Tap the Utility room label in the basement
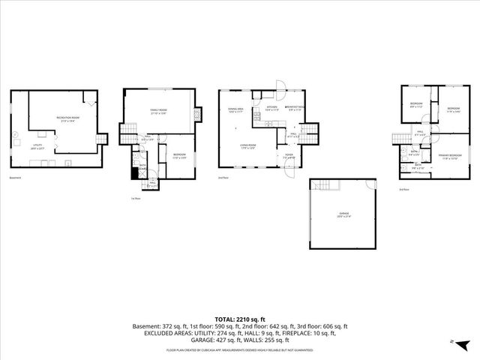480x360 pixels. tap(36, 147)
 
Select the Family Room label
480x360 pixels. tap(158, 111)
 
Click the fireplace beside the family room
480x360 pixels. tap(197, 115)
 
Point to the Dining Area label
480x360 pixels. tap(236, 109)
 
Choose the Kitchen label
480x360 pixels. tap(272, 107)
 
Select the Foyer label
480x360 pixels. tap(289, 157)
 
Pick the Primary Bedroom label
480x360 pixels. tap(449, 156)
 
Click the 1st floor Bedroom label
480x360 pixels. tap(179, 157)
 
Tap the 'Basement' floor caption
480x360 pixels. tap(16, 178)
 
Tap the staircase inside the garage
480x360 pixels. tap(322, 185)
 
